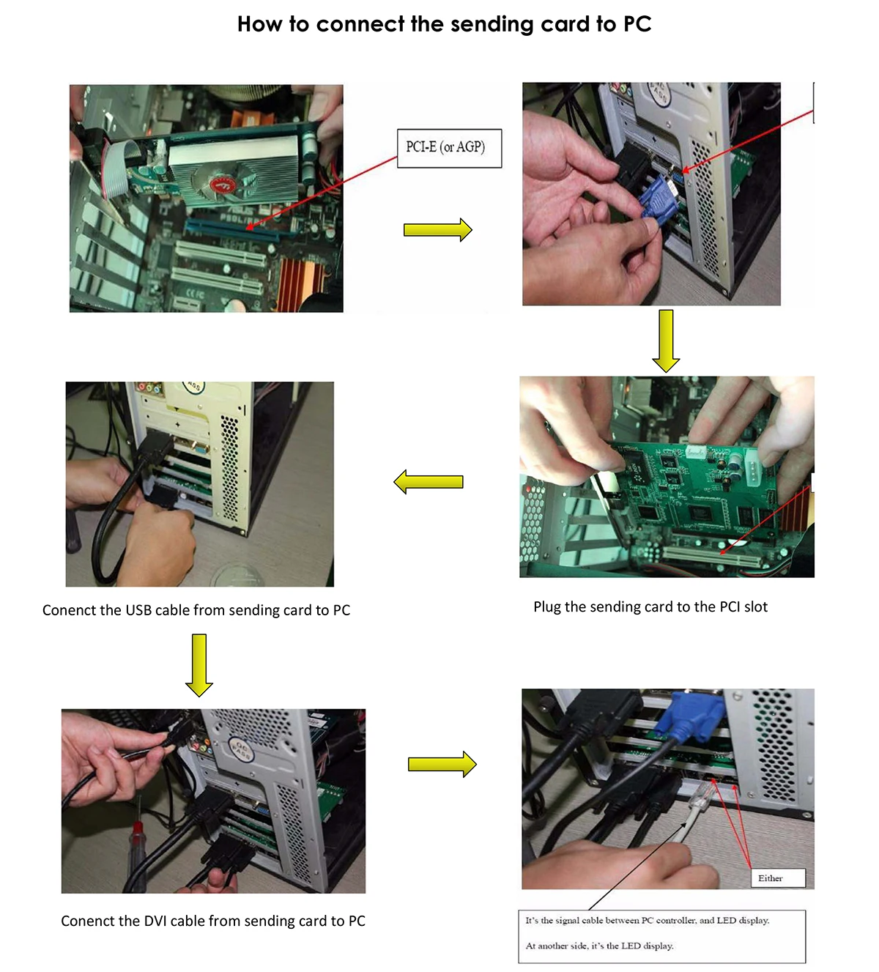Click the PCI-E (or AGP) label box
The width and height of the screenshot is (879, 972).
click(449, 148)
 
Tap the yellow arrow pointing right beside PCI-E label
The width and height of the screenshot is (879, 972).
click(438, 230)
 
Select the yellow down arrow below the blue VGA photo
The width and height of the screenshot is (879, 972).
click(666, 341)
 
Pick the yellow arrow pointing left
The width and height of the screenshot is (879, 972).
click(429, 482)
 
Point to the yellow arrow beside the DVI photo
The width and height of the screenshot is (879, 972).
click(442, 765)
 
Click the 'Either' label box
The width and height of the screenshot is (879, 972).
click(777, 878)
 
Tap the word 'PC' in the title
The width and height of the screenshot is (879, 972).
click(637, 24)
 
